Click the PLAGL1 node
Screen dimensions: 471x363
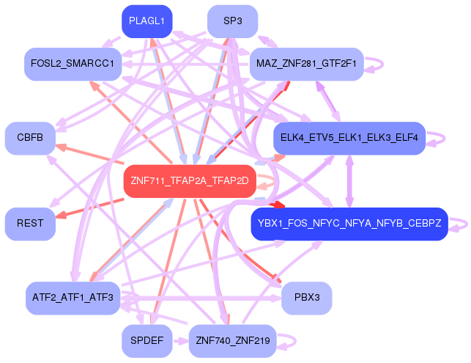tap(147, 21)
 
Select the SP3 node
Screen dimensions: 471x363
tap(233, 21)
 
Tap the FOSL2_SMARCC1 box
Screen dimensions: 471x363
tap(73, 64)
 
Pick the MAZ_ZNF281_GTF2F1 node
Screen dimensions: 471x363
tap(306, 64)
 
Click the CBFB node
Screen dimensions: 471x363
tap(30, 138)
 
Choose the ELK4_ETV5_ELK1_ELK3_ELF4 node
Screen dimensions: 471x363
tap(349, 138)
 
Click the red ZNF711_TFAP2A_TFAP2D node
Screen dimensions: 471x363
tap(190, 181)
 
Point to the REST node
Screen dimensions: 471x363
tap(30, 224)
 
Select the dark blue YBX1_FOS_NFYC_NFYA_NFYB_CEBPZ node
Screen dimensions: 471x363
tap(349, 224)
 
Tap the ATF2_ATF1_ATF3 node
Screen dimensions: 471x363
tap(73, 298)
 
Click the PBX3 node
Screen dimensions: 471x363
tap(307, 298)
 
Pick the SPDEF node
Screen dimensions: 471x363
tap(147, 341)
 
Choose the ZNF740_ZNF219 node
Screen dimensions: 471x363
tap(232, 341)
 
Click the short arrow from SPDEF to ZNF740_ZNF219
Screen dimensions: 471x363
tap(180, 341)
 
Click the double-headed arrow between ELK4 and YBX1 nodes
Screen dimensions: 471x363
tap(349, 181)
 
